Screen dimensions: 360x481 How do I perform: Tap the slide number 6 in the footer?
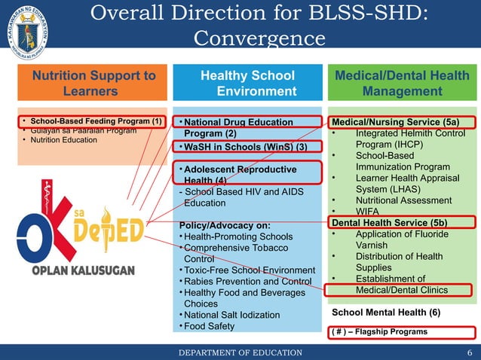coord(469,352)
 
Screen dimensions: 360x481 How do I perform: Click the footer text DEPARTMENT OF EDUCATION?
coord(240,352)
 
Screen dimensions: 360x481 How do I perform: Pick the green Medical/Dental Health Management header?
coord(401,84)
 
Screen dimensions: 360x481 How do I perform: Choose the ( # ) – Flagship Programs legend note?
coord(379,331)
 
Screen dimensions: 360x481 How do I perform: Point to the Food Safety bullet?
coord(209,326)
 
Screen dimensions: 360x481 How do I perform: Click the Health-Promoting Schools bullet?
coord(238,237)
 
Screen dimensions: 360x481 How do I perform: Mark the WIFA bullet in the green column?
coord(367,212)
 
